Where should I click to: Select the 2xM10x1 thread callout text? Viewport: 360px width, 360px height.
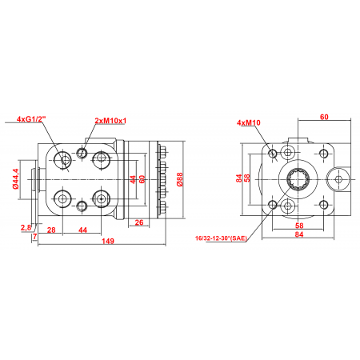(x=111, y=120)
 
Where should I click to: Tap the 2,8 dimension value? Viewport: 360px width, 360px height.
(x=26, y=228)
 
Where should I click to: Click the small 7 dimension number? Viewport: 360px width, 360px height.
(x=34, y=236)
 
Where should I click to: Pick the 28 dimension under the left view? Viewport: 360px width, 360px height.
(x=51, y=230)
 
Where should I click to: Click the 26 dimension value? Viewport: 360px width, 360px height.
(x=139, y=223)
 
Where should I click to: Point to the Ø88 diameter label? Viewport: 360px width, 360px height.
(x=180, y=179)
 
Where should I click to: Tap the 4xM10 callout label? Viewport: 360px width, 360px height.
(x=249, y=122)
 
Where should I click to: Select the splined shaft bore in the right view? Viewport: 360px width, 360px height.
(x=298, y=180)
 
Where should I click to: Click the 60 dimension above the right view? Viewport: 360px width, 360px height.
(x=324, y=117)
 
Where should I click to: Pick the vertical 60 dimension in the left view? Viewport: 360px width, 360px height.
(x=143, y=179)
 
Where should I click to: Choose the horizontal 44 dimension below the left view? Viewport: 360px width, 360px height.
(x=82, y=230)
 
